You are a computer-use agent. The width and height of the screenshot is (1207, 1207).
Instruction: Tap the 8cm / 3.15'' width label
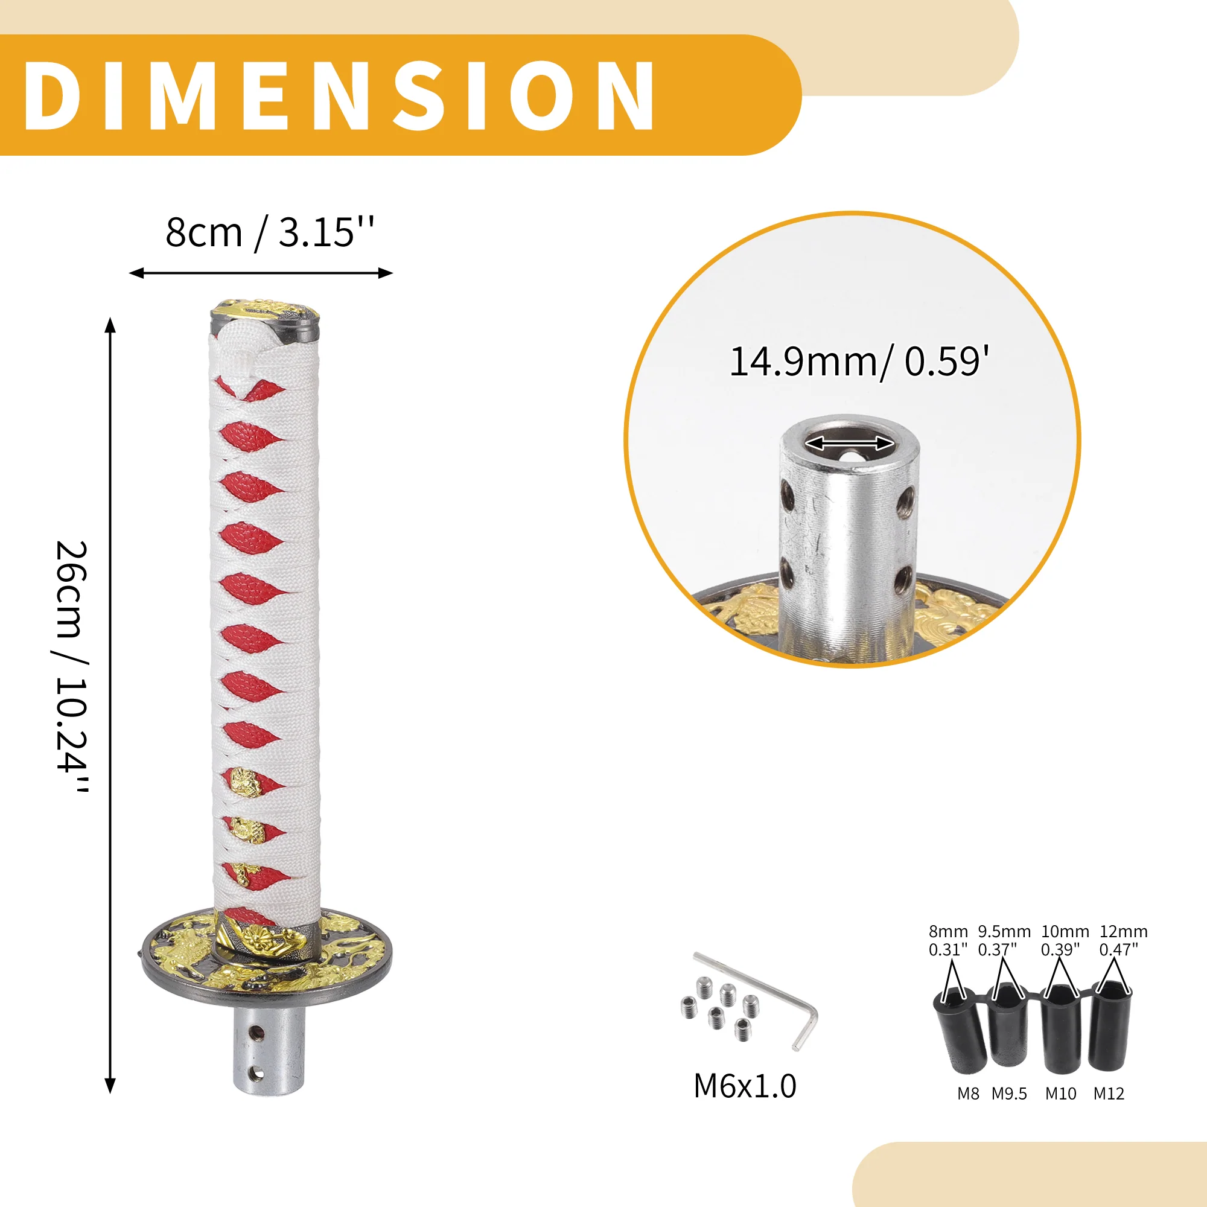tap(269, 232)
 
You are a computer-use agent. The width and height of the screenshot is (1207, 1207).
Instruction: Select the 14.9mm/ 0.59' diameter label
tap(859, 361)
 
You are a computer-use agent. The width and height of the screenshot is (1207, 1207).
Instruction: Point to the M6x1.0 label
tap(745, 1086)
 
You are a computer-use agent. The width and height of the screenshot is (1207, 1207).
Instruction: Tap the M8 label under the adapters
tap(968, 1094)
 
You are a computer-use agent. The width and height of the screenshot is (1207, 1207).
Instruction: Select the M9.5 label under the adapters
tap(1009, 1094)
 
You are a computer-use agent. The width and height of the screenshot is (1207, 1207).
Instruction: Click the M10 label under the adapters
tap(1061, 1094)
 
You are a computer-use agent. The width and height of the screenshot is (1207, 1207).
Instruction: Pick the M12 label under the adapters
tap(1109, 1094)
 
